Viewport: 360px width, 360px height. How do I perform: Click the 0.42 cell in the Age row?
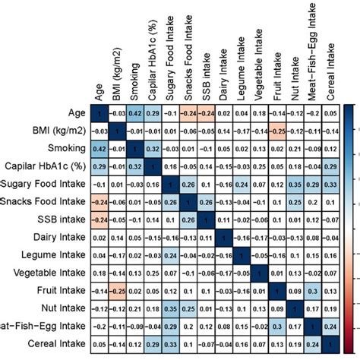(134, 112)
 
